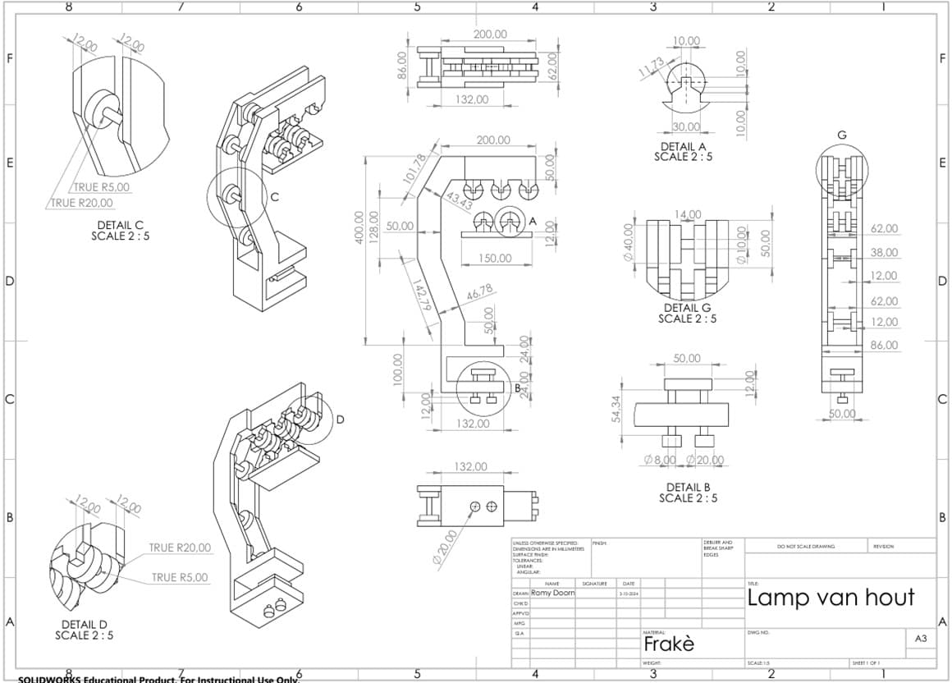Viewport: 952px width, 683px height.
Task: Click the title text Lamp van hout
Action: [831, 597]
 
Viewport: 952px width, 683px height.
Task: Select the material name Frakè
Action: [668, 644]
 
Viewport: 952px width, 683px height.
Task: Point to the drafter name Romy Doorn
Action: [553, 592]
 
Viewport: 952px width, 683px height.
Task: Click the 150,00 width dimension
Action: [495, 259]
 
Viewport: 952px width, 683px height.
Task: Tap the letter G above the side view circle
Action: [841, 135]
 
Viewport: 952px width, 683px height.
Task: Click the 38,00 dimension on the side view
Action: [884, 253]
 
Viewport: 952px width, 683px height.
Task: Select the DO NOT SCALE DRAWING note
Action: [805, 547]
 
